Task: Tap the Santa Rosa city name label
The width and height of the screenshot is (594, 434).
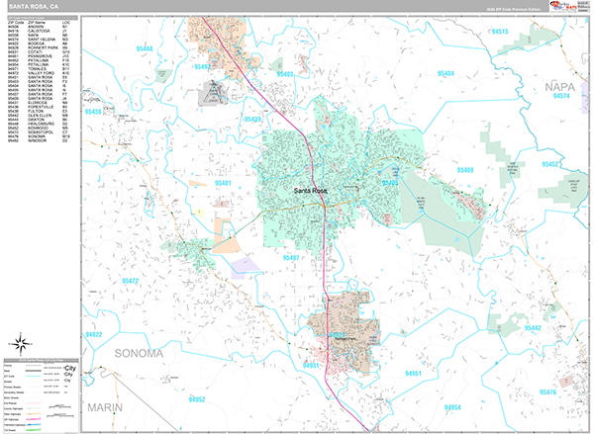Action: pos(316,191)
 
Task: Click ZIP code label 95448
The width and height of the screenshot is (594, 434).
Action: pos(146,47)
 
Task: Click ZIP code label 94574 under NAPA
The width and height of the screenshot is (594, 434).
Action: pos(561,97)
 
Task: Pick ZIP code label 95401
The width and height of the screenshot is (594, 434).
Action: pos(225,184)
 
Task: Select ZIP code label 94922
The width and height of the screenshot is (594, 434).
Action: pos(95,335)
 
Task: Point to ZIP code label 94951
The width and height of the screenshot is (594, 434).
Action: pos(412,373)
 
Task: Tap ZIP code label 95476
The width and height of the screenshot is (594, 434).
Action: pos(547,392)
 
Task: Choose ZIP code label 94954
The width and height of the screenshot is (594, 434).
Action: pos(452,407)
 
